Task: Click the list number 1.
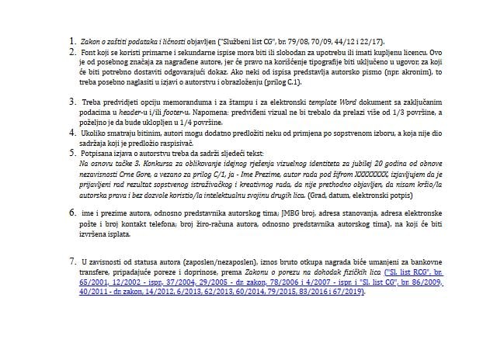pyautogui.click(x=72, y=40)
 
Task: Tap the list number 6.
pyautogui.click(x=72, y=211)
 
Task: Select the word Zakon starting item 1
pyautogui.click(x=92, y=41)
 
